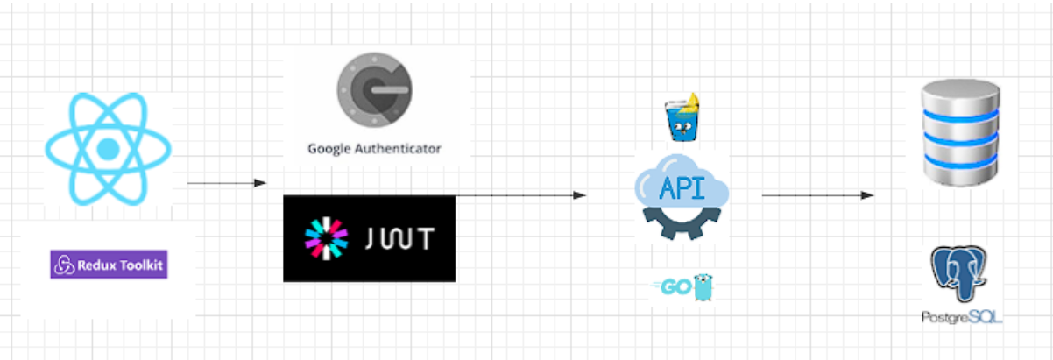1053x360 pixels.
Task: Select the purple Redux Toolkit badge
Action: (109, 265)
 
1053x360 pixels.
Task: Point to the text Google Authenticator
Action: (374, 149)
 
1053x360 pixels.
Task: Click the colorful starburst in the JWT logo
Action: (326, 238)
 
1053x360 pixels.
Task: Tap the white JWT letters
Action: (399, 239)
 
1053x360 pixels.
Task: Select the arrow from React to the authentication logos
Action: (226, 183)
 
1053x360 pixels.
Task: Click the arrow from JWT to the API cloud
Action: (520, 194)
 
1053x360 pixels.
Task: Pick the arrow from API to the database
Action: (818, 194)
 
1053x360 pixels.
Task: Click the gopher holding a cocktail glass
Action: (682, 118)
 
